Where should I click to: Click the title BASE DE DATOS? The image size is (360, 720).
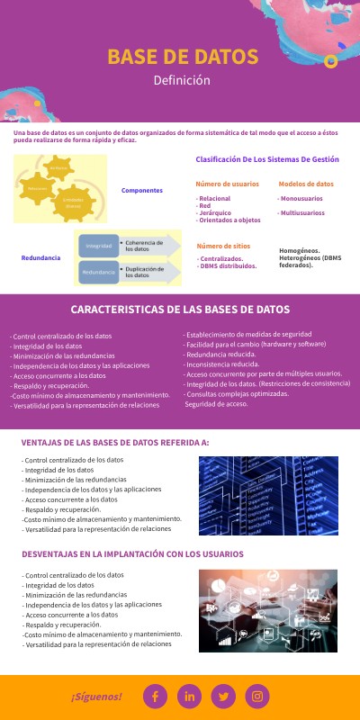(x=183, y=57)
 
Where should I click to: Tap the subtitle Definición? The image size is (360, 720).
(x=181, y=80)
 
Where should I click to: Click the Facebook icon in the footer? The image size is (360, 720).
(x=155, y=696)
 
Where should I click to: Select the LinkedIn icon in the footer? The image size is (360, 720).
(x=189, y=696)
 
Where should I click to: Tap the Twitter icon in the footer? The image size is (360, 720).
(x=224, y=696)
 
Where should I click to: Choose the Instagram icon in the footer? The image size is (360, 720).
(x=258, y=696)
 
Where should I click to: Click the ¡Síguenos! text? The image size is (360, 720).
(x=96, y=697)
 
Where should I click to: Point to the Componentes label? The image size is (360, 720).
(x=142, y=191)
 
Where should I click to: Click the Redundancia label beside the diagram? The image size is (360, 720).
(x=40, y=257)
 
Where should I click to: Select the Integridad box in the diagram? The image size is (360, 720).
(x=98, y=246)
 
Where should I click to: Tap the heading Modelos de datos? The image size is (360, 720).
(x=306, y=184)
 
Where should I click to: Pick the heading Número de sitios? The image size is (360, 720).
(x=222, y=245)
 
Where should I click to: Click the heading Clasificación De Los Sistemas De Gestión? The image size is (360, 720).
(x=267, y=159)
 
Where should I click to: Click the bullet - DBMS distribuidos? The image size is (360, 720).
(x=227, y=266)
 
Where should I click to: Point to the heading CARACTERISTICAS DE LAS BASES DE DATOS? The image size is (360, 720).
(x=180, y=309)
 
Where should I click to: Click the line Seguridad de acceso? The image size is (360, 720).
(x=216, y=404)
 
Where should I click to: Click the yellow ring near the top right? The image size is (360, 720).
(x=330, y=61)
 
